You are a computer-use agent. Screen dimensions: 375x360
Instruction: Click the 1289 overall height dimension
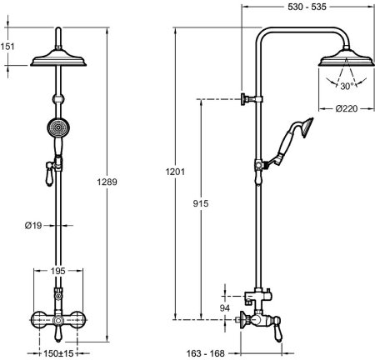107,182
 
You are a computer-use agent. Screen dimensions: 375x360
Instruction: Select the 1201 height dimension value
175,172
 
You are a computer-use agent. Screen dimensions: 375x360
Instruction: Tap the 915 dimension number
201,203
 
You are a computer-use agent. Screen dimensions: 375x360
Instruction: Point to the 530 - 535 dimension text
307,7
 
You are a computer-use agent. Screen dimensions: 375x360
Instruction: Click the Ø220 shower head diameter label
347,108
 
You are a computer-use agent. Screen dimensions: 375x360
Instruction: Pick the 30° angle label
347,86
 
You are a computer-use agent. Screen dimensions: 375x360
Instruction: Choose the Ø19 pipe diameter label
33,226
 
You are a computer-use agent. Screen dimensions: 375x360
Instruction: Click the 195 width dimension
58,271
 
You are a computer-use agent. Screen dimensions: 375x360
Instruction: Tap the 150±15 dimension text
58,353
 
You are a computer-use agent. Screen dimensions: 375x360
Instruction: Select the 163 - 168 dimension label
205,353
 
